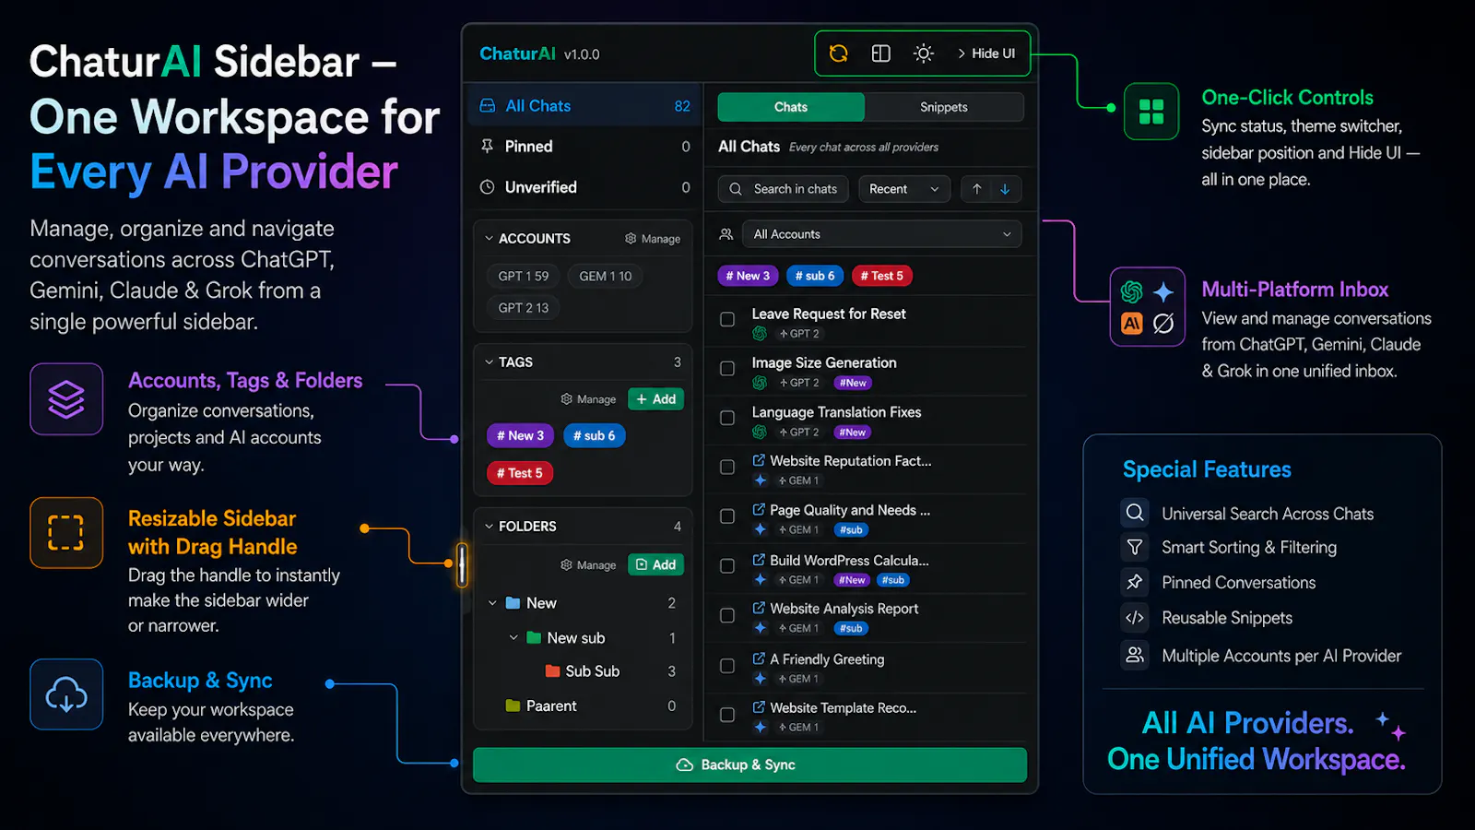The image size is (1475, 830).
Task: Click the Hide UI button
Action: coord(985,53)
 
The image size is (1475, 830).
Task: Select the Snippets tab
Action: coord(944,107)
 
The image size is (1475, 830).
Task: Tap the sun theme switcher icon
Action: coord(923,53)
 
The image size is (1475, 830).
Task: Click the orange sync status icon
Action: coord(838,53)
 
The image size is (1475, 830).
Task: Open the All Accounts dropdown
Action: coord(881,234)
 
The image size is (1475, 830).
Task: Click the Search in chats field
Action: coord(783,189)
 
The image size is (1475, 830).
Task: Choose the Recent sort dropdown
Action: coord(904,189)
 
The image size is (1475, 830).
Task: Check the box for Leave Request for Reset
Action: coord(727,319)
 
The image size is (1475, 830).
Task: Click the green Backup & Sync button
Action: coord(749,765)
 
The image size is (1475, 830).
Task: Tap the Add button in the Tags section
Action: coord(655,399)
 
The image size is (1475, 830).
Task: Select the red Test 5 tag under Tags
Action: coord(520,473)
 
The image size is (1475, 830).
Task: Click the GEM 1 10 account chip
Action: coord(605,276)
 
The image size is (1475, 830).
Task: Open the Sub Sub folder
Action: coord(592,671)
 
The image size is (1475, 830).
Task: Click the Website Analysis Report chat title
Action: coord(844,609)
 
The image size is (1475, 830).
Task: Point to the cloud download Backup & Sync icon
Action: coord(65,694)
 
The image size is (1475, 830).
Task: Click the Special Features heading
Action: coord(1207,469)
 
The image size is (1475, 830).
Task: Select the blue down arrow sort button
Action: coord(1005,189)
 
